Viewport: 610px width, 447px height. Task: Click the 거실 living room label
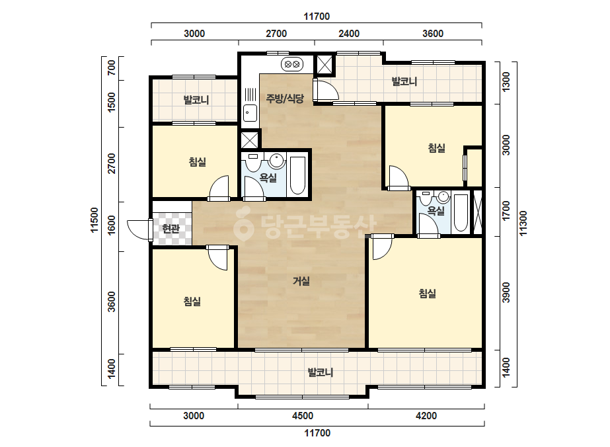point(301,281)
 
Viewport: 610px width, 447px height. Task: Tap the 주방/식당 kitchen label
point(285,98)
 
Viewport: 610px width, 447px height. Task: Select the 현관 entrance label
point(171,229)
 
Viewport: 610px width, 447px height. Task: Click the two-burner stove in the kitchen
point(292,63)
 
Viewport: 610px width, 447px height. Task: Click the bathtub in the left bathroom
point(297,175)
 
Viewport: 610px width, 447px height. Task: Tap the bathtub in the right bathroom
point(461,213)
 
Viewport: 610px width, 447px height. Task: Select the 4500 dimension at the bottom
point(302,416)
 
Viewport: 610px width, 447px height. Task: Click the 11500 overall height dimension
point(95,220)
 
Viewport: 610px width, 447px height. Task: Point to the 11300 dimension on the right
point(523,223)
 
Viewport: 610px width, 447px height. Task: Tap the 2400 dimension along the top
point(349,34)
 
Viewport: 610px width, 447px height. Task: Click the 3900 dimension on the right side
point(506,292)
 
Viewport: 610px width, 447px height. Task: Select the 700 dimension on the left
point(112,67)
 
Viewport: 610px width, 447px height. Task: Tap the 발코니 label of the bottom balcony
point(321,373)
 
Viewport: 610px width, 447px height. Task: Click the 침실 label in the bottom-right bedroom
point(427,293)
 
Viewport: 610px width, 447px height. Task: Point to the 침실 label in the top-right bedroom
point(436,148)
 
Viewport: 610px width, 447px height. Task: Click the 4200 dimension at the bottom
point(426,416)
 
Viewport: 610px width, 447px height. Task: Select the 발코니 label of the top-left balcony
point(196,100)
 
